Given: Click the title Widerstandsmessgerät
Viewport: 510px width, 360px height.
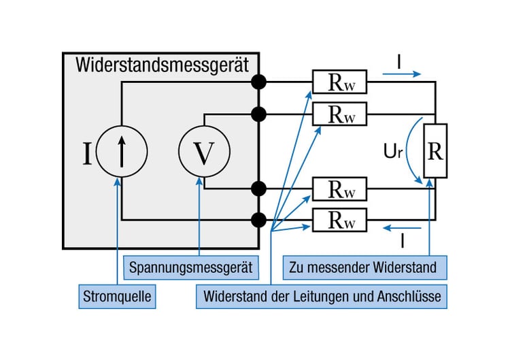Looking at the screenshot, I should click(162, 65).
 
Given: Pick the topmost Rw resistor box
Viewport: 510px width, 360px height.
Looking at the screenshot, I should click(339, 82).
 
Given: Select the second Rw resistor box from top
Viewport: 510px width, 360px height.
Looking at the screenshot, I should click(339, 113).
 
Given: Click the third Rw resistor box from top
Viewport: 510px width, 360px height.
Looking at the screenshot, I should click(339, 189).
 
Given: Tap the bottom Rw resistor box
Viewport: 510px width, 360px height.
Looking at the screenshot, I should click(339, 219).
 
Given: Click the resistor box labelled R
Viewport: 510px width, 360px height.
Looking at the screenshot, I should click(435, 151).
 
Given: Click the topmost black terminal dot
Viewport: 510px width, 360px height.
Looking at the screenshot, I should click(258, 82).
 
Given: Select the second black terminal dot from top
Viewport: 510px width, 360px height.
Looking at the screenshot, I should click(258, 113).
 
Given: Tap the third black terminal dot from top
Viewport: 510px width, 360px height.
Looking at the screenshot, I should click(258, 189).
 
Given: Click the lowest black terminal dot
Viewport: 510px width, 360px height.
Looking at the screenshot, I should click(258, 219).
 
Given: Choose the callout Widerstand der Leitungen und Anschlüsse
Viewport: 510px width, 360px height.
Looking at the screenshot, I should click(322, 297).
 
